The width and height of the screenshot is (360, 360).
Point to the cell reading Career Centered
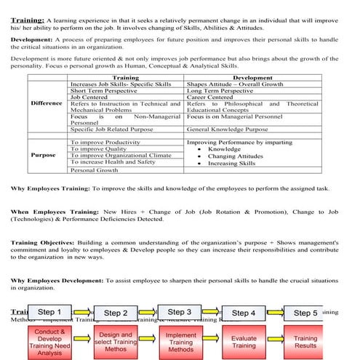point(213,96)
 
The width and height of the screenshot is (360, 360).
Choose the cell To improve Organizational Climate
point(121,155)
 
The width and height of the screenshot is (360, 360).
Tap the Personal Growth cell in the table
point(94,170)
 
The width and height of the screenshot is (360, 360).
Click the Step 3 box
point(179,312)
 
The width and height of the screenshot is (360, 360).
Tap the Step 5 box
point(305,313)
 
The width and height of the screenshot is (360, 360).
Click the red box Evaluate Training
point(244,341)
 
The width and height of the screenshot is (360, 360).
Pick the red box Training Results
point(305,341)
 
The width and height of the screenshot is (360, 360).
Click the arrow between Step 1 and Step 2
point(87,313)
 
